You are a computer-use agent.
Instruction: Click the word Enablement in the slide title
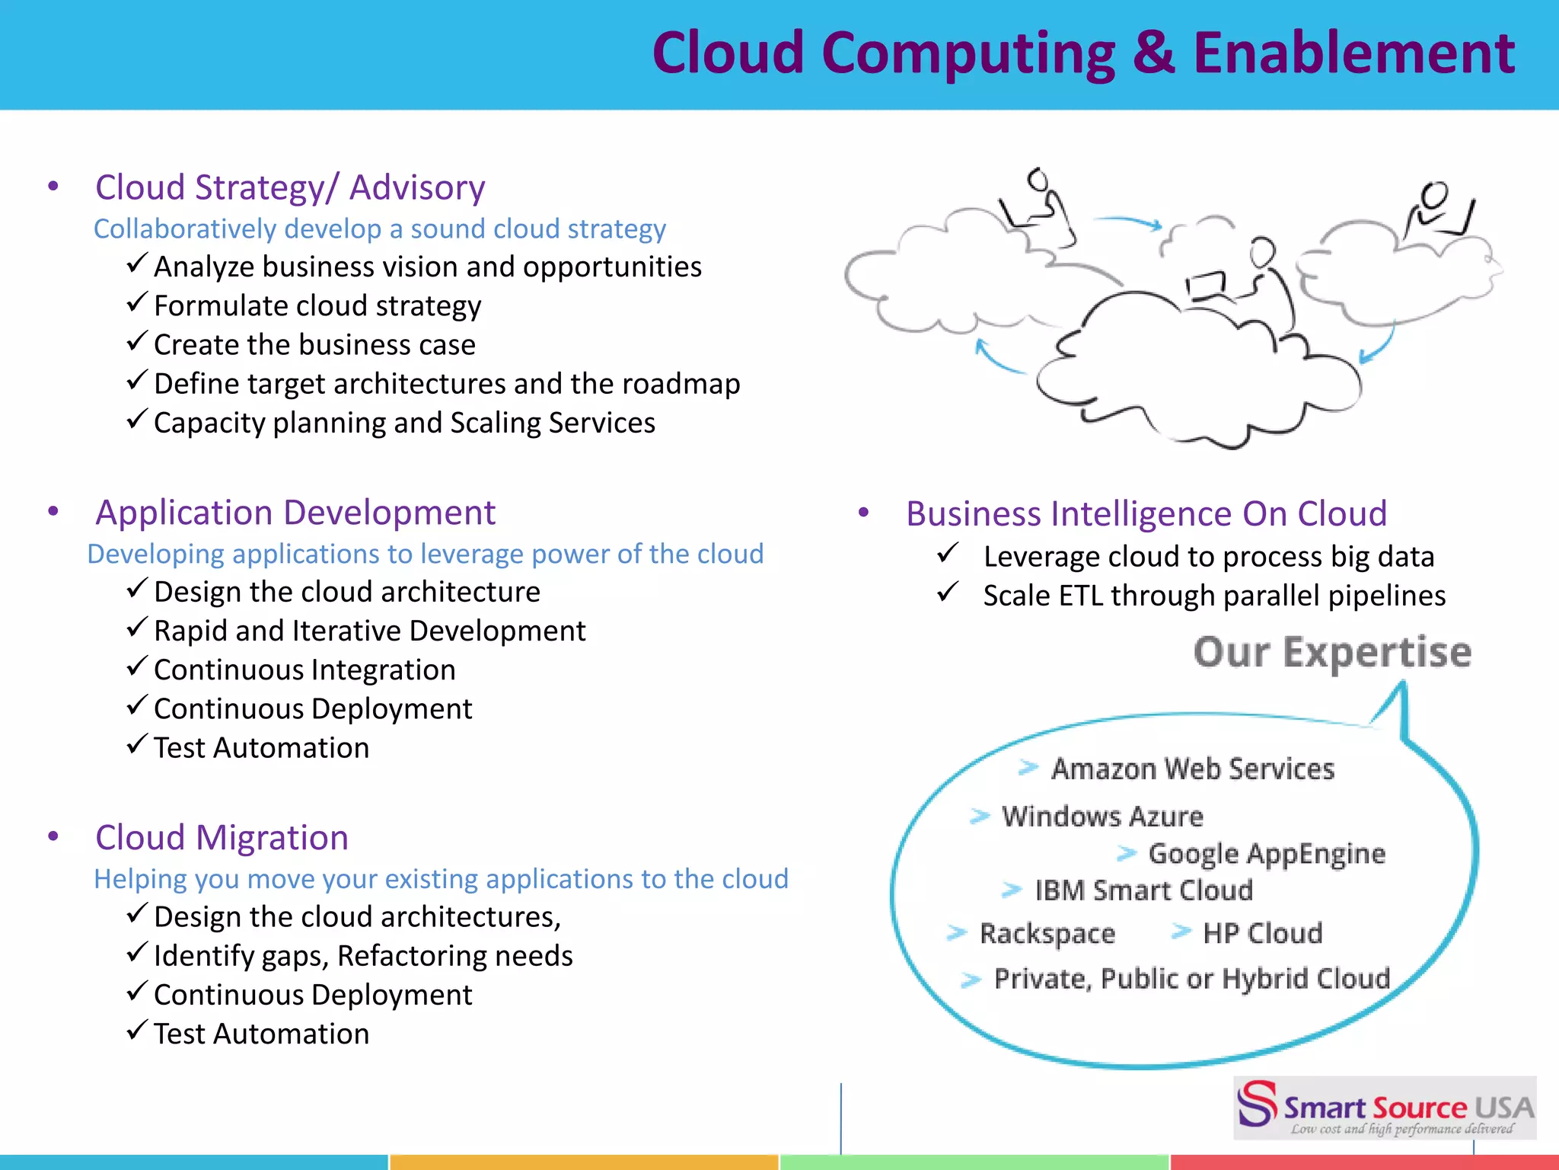1353,53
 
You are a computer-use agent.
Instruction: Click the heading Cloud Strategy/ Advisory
290,187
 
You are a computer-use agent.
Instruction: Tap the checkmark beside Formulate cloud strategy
136,303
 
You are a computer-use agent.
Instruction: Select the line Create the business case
314,345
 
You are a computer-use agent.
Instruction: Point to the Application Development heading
295,513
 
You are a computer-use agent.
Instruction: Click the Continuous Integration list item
304,670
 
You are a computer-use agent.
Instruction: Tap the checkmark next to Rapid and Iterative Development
136,628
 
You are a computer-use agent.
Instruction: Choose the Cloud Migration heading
222,838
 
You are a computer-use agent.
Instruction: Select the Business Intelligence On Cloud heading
1146,514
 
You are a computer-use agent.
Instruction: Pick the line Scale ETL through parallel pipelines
1214,596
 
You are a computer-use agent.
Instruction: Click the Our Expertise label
1332,653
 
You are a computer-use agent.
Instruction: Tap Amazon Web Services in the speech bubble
1193,769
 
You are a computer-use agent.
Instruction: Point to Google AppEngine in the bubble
1267,854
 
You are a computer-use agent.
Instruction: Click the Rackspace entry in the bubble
1047,934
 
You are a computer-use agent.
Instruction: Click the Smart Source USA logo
1385,1108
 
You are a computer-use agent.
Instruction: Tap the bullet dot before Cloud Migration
53,836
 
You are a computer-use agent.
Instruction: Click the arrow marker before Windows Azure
980,817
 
